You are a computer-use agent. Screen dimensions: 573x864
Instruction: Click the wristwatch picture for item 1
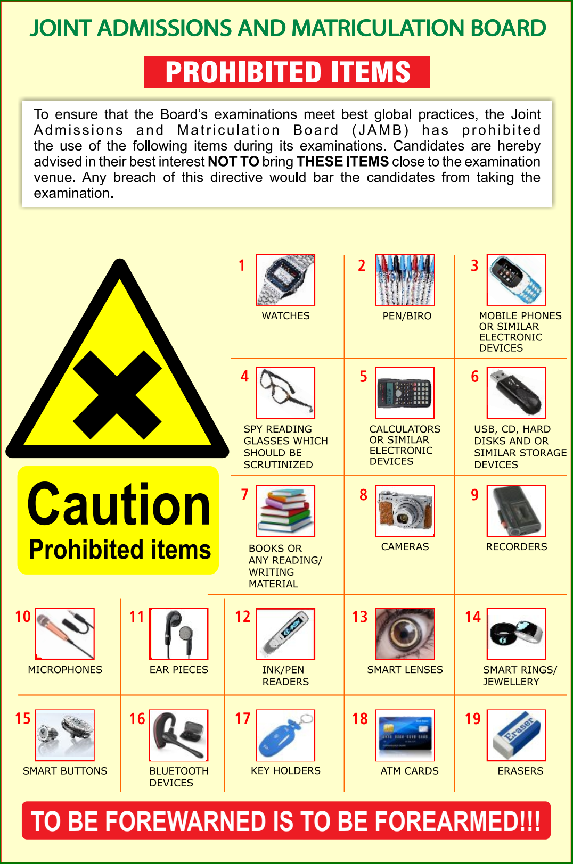285,280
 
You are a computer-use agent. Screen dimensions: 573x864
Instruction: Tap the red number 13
359,617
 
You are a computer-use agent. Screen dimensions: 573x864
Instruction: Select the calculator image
405,393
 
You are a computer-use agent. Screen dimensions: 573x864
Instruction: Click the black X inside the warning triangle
117,395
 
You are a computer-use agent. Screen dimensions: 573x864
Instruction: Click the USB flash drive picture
516,393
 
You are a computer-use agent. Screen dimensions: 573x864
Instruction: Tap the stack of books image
285,511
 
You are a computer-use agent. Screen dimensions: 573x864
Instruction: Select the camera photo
405,511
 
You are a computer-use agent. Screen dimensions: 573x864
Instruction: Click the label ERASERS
520,771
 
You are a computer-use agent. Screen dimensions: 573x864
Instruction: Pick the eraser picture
516,735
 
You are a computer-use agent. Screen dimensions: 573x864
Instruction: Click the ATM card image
405,735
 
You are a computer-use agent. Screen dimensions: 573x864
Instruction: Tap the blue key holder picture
285,735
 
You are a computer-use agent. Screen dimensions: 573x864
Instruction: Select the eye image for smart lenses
405,633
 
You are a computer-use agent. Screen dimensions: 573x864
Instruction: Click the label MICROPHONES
65,670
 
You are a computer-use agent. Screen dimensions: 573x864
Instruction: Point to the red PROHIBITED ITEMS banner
287,72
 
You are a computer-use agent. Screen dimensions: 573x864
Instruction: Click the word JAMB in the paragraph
380,130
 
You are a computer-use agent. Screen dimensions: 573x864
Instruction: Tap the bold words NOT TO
233,162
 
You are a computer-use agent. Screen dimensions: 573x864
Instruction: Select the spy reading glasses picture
285,393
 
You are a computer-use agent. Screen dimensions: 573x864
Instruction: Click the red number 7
244,494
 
